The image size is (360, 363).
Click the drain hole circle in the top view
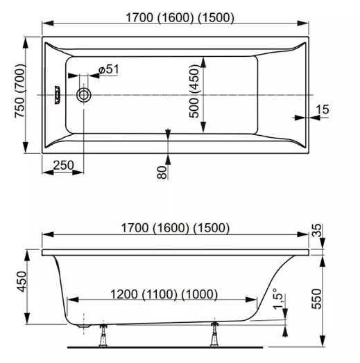83,95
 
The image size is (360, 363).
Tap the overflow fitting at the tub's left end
57,95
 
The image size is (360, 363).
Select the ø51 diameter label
108,69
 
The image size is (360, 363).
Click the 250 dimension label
63,166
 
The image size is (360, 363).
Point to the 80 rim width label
162,172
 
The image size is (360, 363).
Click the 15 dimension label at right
323,109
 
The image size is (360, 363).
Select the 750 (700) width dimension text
19,91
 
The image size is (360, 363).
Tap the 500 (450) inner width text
194,91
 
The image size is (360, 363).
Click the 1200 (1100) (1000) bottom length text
164,294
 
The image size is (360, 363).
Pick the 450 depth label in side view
22,281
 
